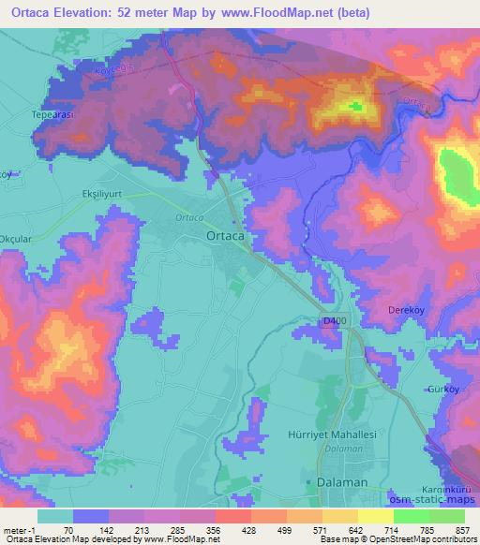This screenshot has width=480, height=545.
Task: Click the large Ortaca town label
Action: coord(224,238)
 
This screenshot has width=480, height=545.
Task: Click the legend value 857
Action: coord(462,529)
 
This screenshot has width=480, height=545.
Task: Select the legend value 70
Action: coord(72,529)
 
